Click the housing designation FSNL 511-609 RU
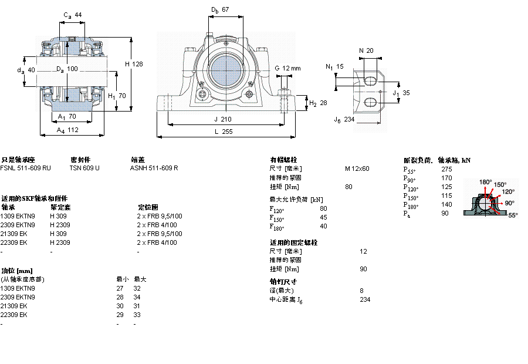point(26,168)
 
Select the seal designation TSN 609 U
point(84,168)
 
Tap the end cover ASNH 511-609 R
point(154,168)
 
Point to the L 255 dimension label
point(223,132)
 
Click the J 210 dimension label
point(223,119)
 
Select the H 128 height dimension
point(134,63)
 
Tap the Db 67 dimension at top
point(220,9)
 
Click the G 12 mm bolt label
point(287,68)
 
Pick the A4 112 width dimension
point(67,130)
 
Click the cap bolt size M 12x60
point(357,168)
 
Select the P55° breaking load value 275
point(446,169)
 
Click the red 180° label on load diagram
point(486,182)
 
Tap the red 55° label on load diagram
point(512,215)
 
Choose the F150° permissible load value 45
point(323,217)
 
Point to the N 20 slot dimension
point(366,50)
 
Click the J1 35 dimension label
point(401,93)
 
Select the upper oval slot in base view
point(370,79)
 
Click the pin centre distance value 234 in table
point(364,299)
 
